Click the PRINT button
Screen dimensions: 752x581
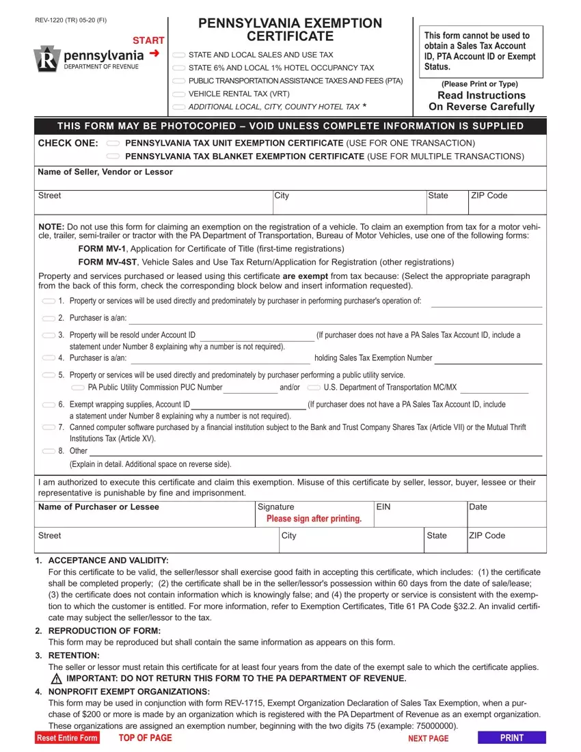pos(511,738)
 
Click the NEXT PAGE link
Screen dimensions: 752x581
pos(428,738)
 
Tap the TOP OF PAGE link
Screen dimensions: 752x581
pos(145,738)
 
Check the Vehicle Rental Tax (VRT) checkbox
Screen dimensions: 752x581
pos(178,94)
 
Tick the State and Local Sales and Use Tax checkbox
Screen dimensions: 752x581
pos(178,55)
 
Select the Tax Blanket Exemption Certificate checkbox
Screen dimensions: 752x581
pos(113,157)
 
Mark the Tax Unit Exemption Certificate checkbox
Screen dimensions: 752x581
pos(113,144)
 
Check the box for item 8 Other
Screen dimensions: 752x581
pos(49,451)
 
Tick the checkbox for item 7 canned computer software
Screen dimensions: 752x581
pos(49,427)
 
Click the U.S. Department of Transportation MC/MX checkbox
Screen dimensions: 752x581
pos(314,388)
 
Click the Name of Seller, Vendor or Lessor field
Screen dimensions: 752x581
pos(290,183)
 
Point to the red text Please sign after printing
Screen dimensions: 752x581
pos(314,519)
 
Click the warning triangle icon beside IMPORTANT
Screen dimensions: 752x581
pos(57,679)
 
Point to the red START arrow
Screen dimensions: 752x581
pos(154,53)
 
